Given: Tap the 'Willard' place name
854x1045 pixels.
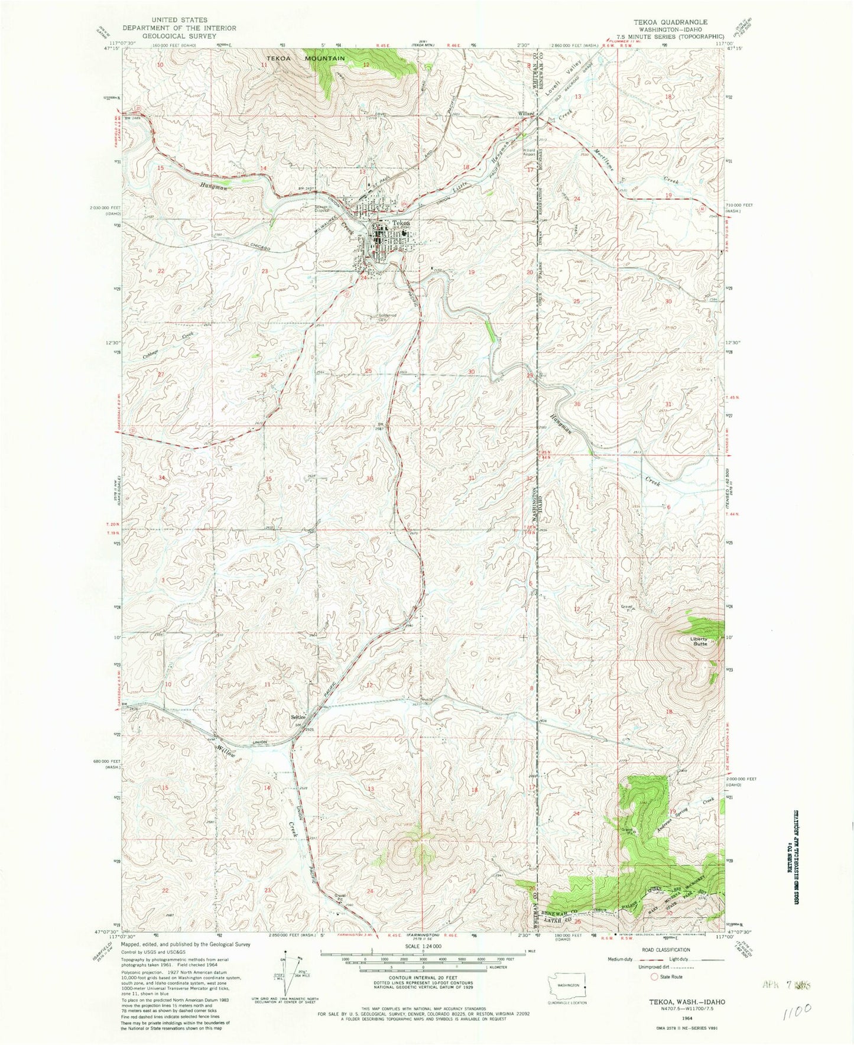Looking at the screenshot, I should (527, 113).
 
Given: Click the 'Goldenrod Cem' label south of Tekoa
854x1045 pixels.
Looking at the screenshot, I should (382, 317).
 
